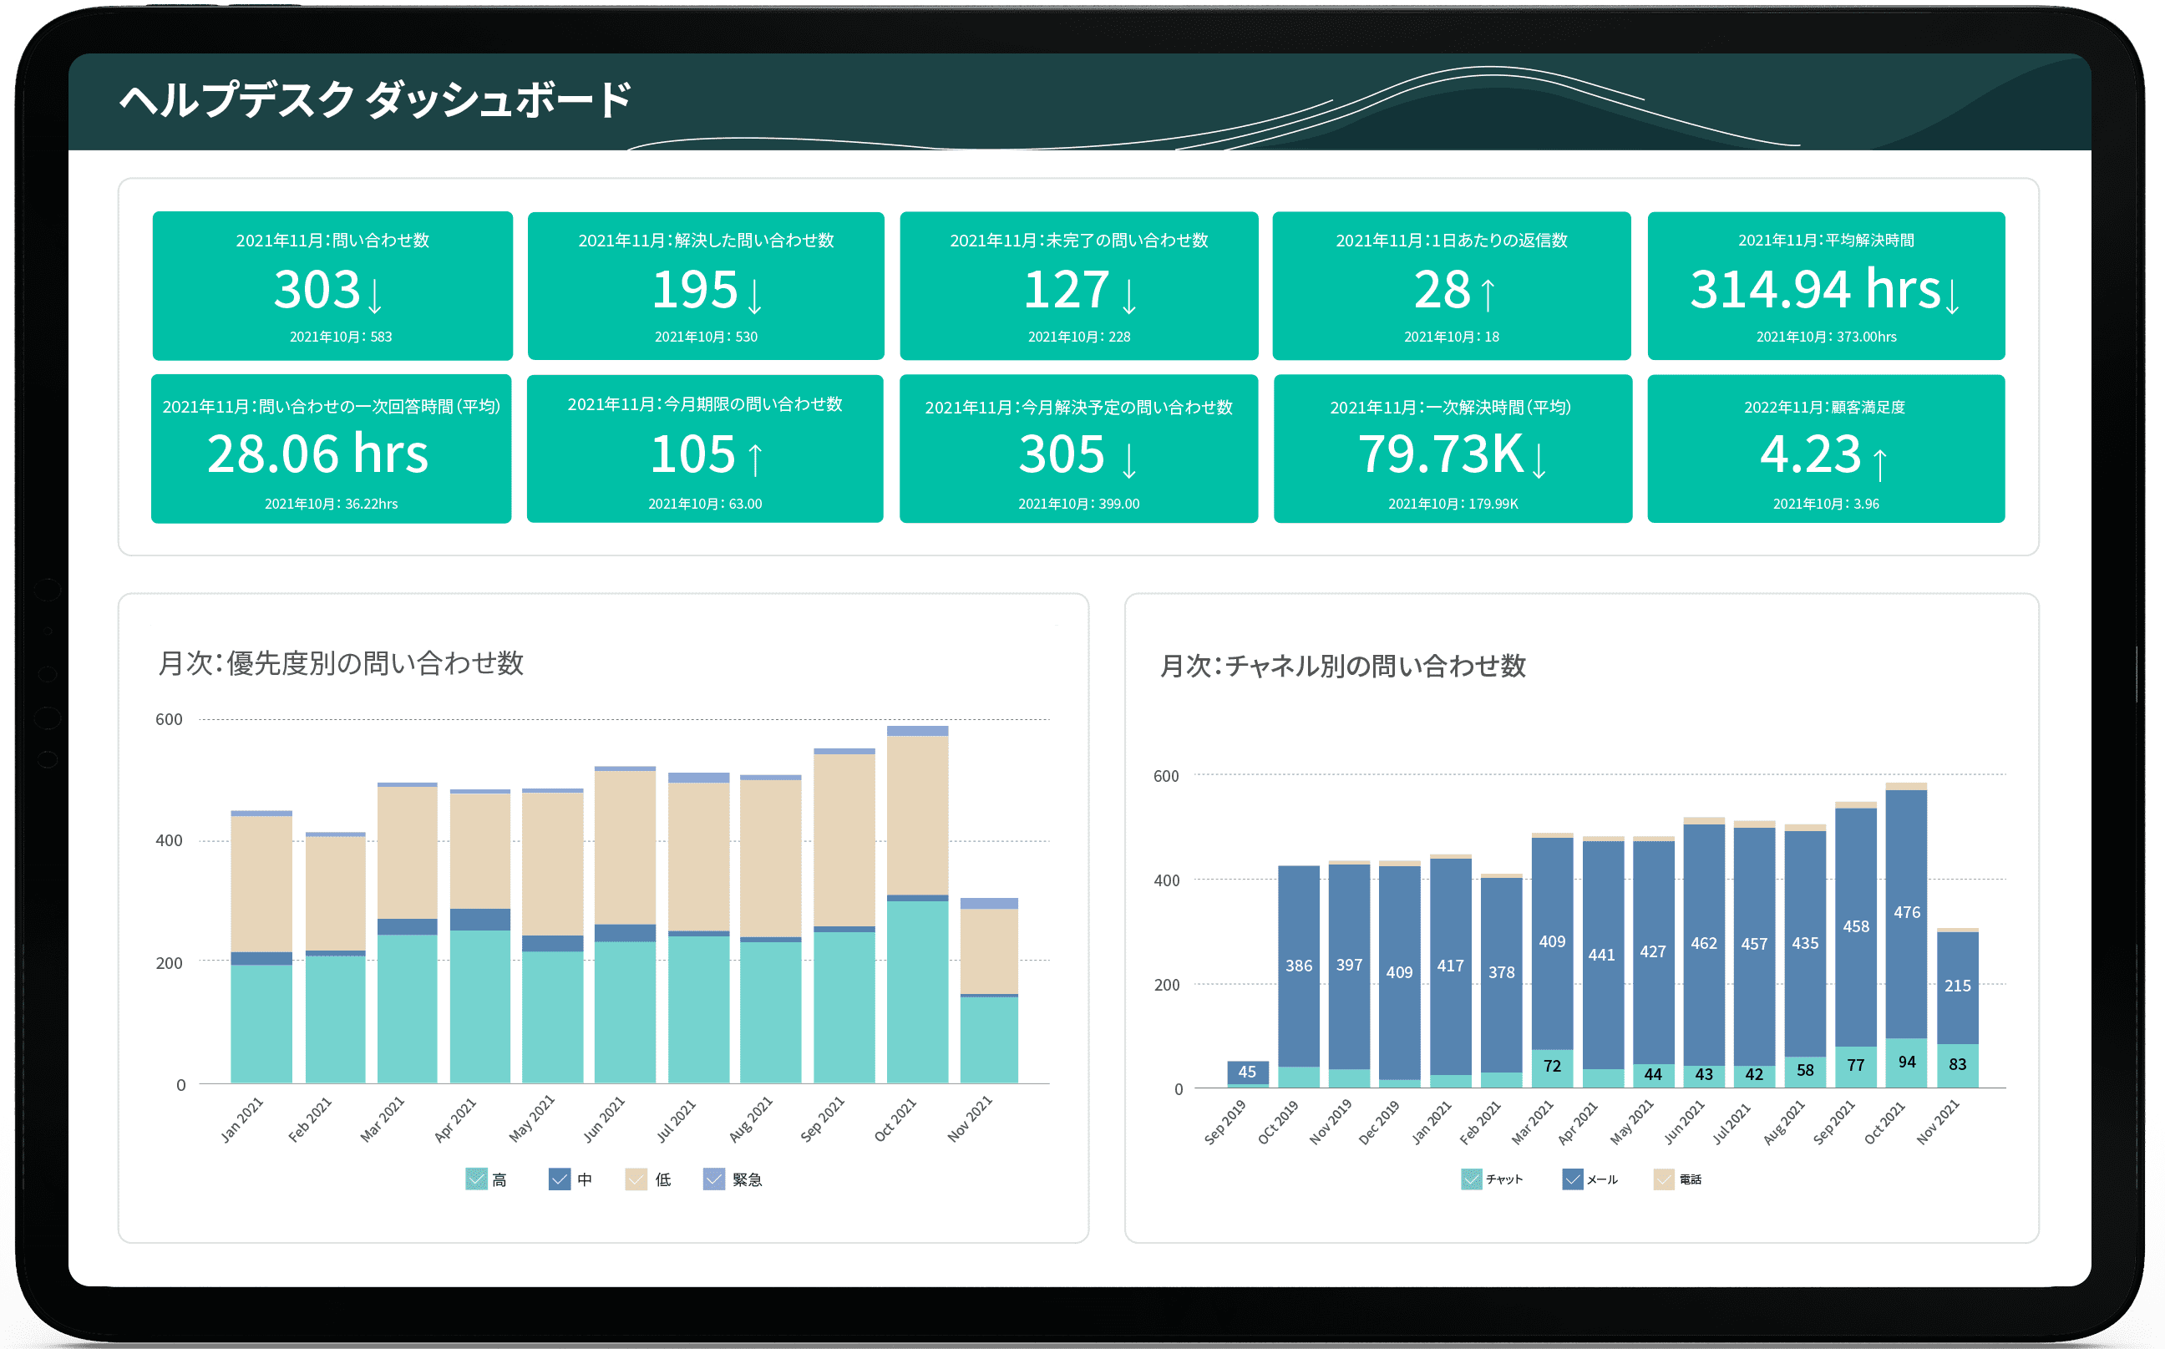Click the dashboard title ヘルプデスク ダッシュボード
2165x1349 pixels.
[375, 99]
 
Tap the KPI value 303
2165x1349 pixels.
[317, 290]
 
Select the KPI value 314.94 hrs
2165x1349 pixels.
[1814, 290]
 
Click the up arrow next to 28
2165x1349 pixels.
[1487, 294]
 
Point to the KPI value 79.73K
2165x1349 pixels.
[1440, 454]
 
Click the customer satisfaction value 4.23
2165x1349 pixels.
[1810, 454]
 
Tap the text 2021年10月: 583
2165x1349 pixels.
[340, 337]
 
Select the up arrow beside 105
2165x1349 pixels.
[755, 459]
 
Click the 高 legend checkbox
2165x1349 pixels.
[476, 1179]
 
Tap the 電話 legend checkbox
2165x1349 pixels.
[1663, 1179]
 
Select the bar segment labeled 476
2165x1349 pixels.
[1906, 913]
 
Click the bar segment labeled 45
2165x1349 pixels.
[1247, 1072]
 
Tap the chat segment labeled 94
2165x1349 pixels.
[1906, 1062]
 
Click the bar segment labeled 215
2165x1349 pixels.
[1957, 986]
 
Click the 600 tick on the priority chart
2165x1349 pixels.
[169, 719]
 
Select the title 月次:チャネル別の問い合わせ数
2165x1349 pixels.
[1342, 666]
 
